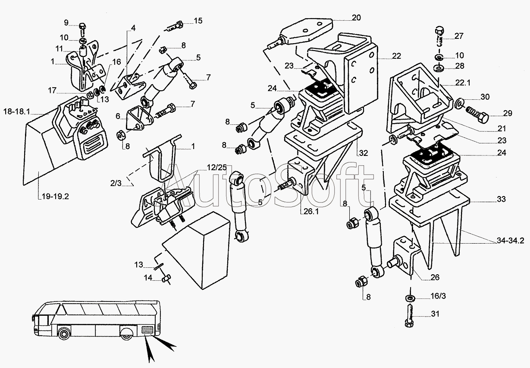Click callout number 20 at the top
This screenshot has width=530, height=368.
(356, 18)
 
